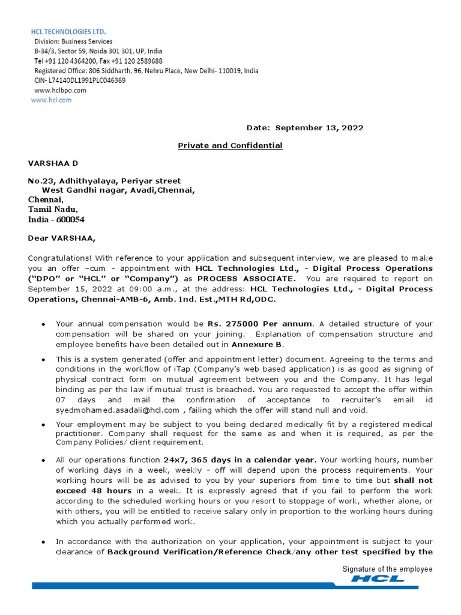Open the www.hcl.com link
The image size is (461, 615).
coord(51,100)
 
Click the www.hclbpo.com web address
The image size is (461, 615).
coord(60,90)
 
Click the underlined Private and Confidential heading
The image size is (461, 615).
coord(230,145)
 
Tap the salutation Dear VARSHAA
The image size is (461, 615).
coord(61,238)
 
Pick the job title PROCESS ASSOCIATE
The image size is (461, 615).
coord(246,279)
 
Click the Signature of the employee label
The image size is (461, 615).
coord(387,569)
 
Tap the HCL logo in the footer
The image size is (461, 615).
coord(378,579)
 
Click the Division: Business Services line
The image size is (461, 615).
coord(73,41)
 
